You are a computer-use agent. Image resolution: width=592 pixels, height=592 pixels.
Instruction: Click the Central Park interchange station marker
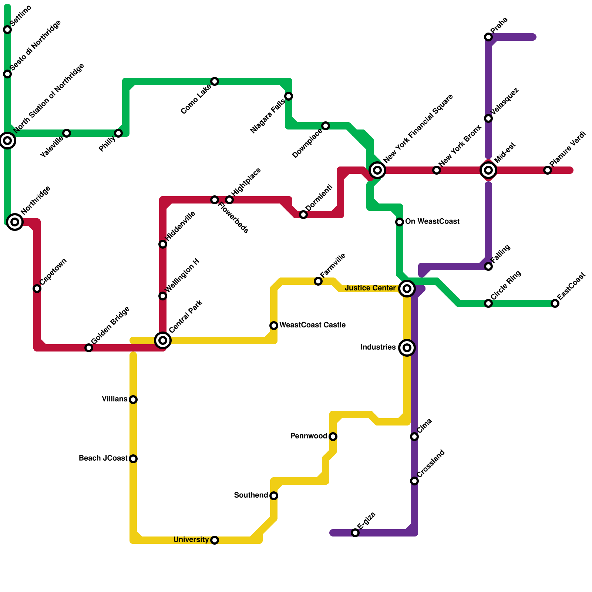[163, 340]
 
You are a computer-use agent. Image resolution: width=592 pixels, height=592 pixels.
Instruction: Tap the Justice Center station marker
[407, 289]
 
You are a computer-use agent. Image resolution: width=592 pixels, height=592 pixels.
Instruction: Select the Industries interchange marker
[407, 348]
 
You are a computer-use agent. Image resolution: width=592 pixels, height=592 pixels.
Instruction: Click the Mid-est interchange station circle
[488, 170]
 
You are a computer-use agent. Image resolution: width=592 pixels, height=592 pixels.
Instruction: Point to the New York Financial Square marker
[377, 170]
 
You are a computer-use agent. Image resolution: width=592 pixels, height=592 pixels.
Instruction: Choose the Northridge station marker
[15, 222]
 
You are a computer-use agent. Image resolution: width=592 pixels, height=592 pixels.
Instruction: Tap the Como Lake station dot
[215, 81]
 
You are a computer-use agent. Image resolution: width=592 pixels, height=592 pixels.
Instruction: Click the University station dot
[215, 540]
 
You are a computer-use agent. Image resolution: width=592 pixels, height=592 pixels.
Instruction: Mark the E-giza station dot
[355, 533]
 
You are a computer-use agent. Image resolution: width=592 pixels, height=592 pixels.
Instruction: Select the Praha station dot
[488, 37]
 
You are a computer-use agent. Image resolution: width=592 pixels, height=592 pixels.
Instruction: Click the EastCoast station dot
[555, 303]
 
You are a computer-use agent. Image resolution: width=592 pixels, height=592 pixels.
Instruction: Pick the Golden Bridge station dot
[89, 348]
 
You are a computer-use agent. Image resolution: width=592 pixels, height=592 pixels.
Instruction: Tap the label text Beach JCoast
[103, 458]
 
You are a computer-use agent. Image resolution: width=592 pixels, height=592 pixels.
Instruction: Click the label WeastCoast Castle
[312, 325]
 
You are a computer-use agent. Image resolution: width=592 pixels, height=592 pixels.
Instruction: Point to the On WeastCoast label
[432, 222]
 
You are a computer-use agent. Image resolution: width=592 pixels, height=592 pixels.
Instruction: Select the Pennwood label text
[309, 436]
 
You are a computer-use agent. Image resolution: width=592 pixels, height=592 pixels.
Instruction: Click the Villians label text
[115, 399]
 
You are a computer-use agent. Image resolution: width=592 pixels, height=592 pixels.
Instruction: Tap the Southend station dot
[274, 496]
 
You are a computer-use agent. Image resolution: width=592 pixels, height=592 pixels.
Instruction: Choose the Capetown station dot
[37, 289]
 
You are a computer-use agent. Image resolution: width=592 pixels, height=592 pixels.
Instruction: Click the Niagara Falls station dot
[289, 96]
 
